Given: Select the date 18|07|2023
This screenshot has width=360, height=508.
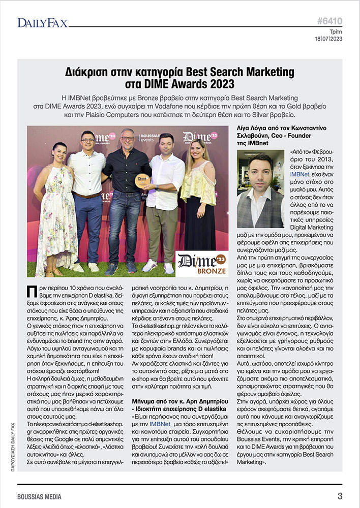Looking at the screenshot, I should (x=328, y=39).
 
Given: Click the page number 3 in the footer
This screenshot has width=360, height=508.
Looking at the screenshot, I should (x=339, y=496).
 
